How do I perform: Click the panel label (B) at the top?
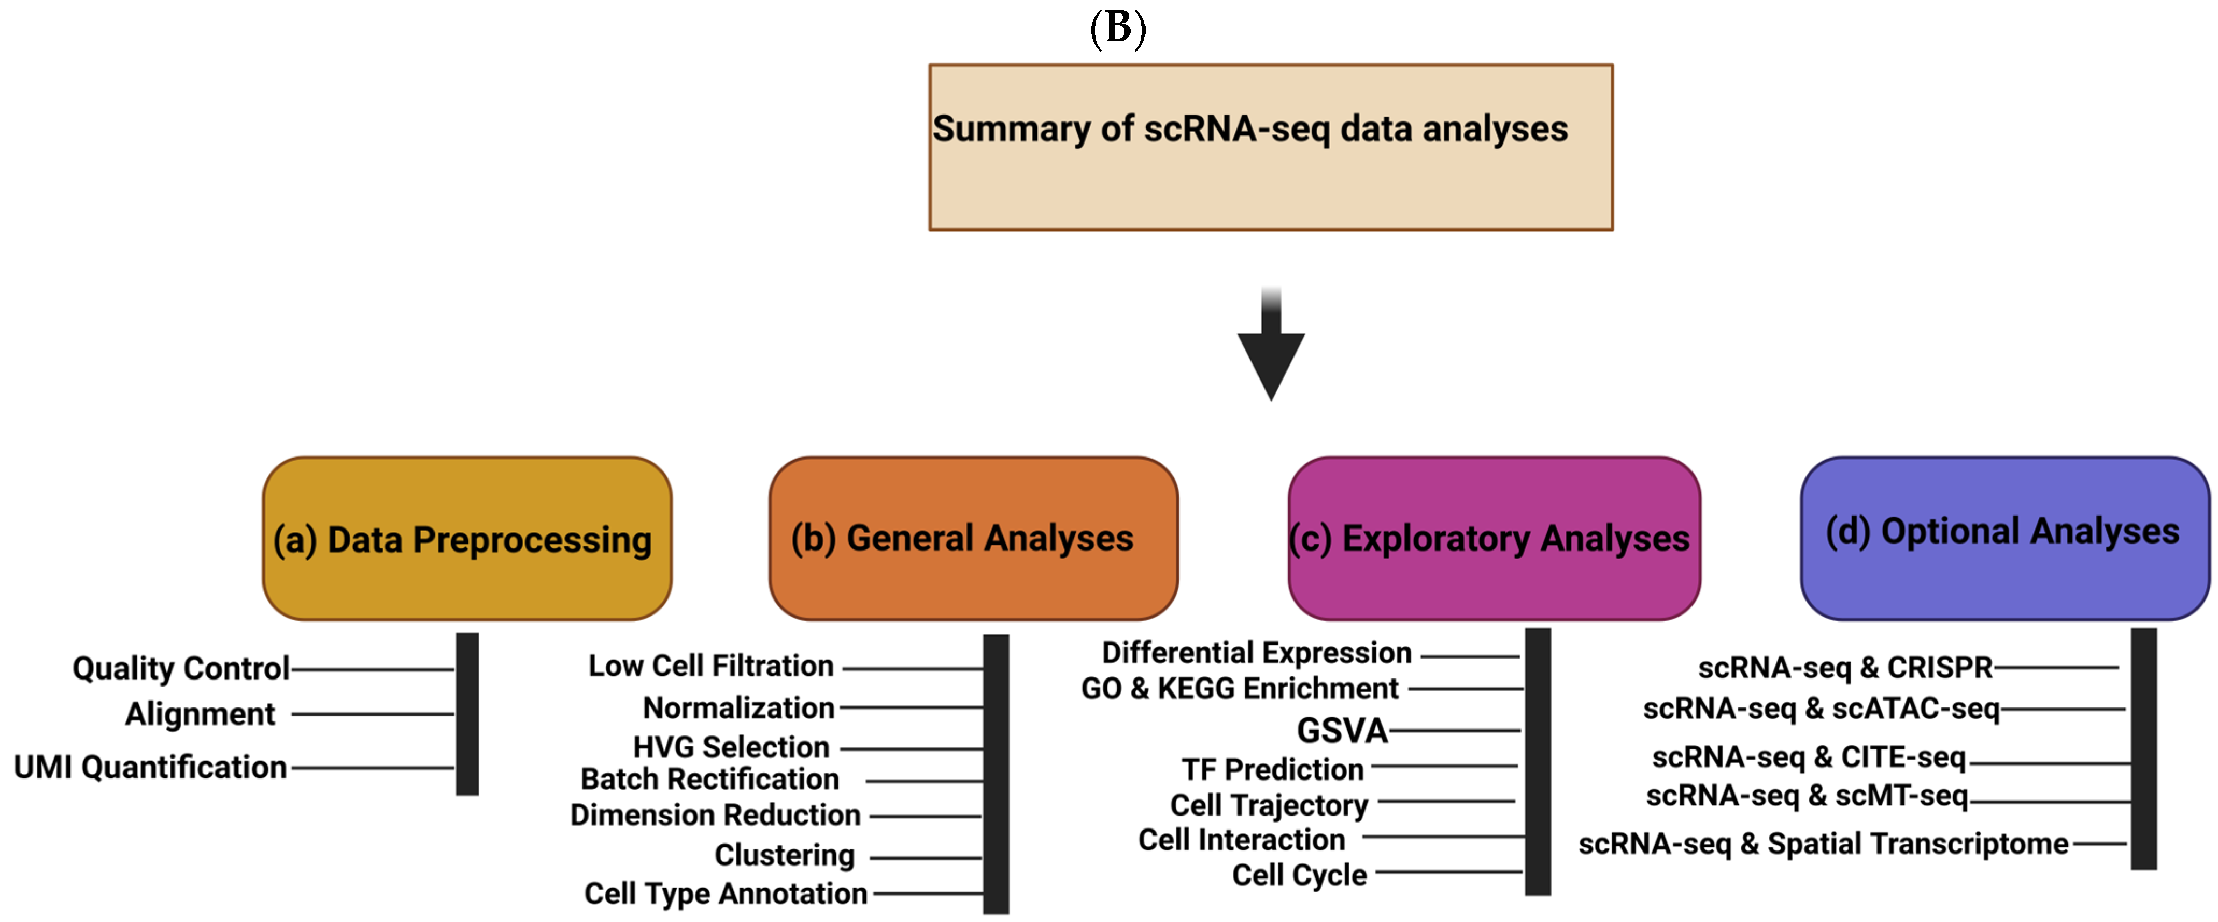[1118, 28]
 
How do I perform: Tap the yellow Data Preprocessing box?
[467, 539]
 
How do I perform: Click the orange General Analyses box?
[973, 539]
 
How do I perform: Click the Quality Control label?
[181, 668]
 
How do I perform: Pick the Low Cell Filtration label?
[711, 666]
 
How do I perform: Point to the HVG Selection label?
[731, 746]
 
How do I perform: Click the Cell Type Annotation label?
[726, 894]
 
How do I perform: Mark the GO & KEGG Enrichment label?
[1240, 689]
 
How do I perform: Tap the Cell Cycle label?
[1299, 875]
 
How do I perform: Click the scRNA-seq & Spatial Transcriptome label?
[1823, 844]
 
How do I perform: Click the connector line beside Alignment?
[372, 713]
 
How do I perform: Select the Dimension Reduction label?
[715, 814]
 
